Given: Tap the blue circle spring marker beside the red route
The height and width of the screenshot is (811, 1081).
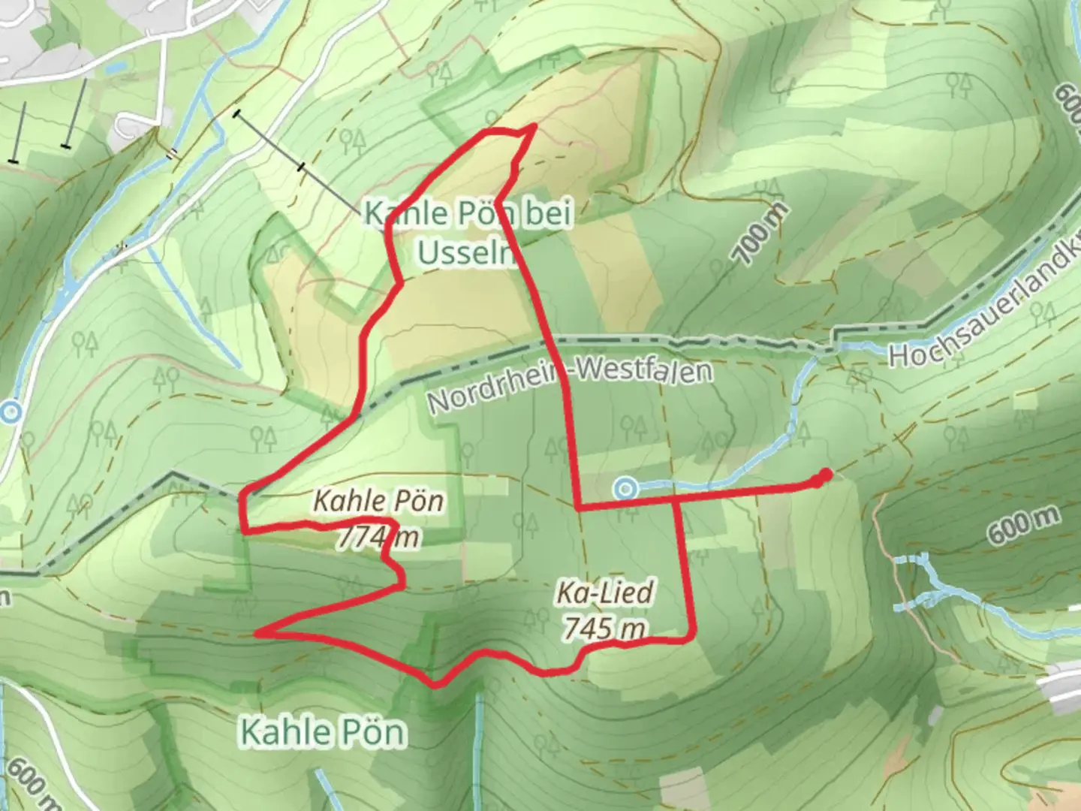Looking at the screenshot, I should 625,490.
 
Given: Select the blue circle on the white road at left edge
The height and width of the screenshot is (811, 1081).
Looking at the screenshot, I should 11,412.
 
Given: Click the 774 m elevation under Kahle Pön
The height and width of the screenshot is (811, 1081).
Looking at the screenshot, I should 378,537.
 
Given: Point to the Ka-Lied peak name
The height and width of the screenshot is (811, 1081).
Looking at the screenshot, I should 604,593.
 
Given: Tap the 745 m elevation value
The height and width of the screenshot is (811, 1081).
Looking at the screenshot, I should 604,628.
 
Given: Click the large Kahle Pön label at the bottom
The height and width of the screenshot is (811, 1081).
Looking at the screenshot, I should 323,732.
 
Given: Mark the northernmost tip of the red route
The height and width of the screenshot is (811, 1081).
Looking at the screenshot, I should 533,126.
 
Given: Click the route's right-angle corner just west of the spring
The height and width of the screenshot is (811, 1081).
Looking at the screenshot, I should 577,508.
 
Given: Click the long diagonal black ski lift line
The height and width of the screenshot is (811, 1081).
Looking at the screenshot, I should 300,167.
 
